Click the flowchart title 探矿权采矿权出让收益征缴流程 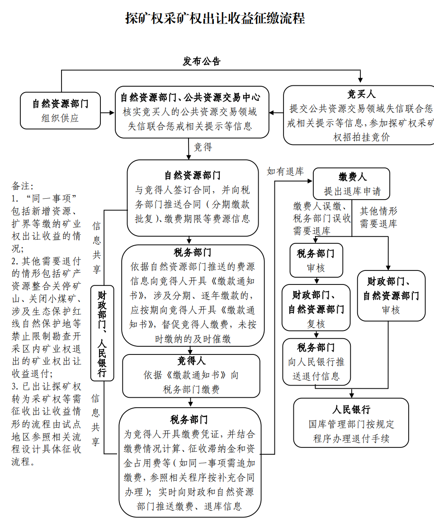(x=215, y=18)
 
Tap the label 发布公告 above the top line (x=202, y=61)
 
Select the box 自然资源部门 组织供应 (x=60, y=111)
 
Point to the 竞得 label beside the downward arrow (x=203, y=147)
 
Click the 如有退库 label (x=285, y=171)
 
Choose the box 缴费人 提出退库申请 (x=352, y=184)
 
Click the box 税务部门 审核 (x=316, y=261)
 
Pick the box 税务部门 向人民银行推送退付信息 (x=316, y=362)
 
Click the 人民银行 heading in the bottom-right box (x=351, y=410)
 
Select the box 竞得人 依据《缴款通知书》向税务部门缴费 (x=191, y=375)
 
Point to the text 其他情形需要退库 (x=378, y=217)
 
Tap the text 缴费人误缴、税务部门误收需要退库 (x=321, y=219)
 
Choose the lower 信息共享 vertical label (x=95, y=419)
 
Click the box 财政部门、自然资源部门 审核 (x=391, y=296)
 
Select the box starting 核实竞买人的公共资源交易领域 (x=189, y=112)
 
